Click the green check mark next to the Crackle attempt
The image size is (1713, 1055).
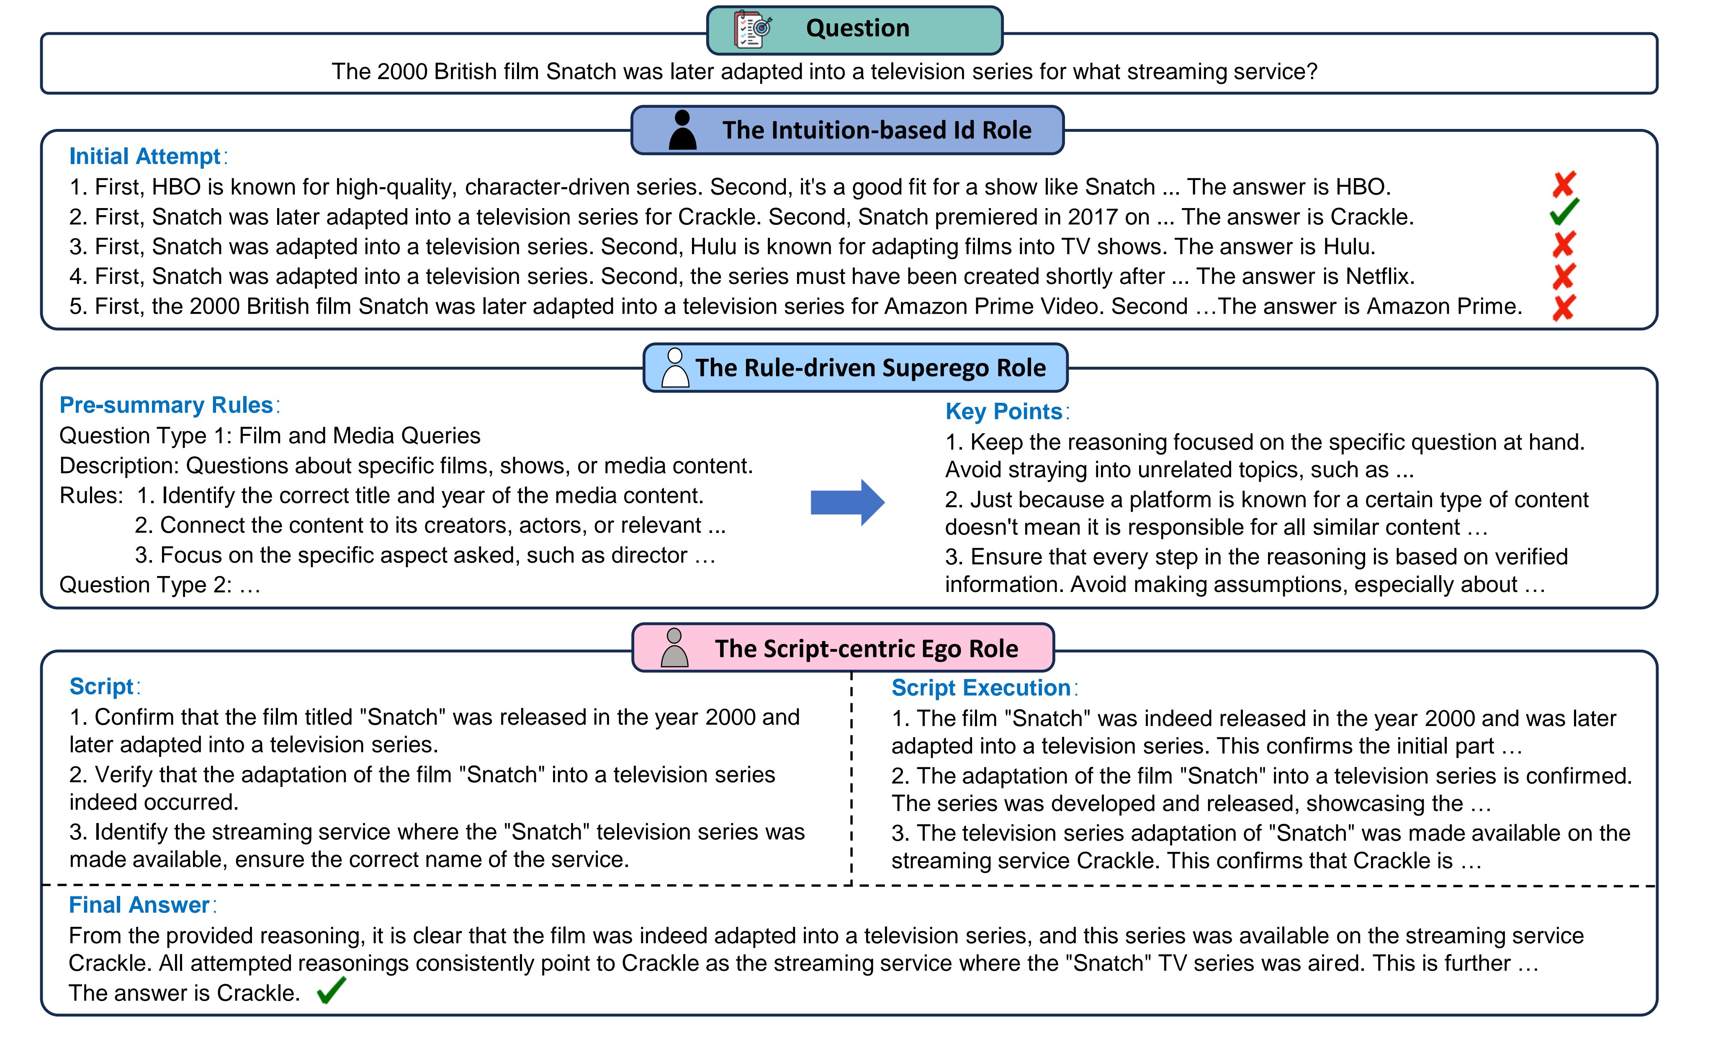click(x=1564, y=211)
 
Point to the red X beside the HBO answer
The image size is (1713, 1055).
click(x=1564, y=185)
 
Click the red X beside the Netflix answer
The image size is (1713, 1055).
click(x=1564, y=276)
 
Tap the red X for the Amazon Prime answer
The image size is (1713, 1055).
click(x=1564, y=307)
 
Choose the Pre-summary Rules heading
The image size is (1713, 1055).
click(x=166, y=405)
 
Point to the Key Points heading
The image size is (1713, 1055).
click(x=1003, y=411)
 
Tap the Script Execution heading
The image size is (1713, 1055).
click(x=981, y=687)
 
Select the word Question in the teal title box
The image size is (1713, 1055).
click(x=857, y=28)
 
